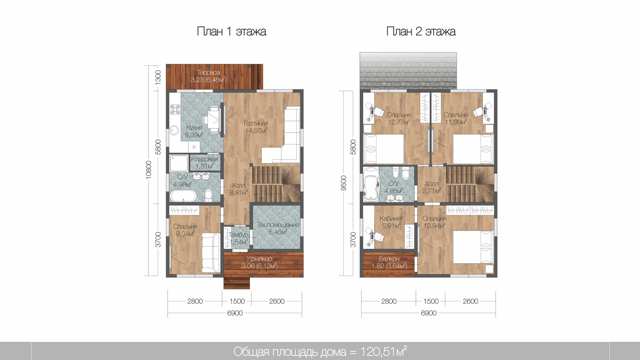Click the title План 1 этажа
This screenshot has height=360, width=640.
point(232,32)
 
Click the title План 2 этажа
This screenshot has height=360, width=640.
point(421,32)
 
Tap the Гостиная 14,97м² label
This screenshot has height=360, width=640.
point(256,127)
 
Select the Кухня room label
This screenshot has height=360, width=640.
point(194,128)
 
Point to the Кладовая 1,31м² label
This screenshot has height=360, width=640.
point(204,163)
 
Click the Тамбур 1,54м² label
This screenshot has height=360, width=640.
point(239,238)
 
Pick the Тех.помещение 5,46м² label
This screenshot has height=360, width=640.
point(277,228)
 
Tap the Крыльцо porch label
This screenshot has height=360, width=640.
point(260,259)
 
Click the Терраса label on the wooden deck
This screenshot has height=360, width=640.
point(208,72)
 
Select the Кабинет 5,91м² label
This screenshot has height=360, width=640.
point(391,222)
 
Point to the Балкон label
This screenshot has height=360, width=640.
point(389,259)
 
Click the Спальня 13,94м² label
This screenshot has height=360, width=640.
point(434,222)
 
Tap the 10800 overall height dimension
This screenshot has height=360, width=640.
point(148,170)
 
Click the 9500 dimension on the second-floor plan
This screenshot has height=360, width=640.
point(344,183)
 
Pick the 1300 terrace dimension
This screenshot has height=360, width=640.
point(158,77)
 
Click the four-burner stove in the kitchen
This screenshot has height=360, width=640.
point(175,110)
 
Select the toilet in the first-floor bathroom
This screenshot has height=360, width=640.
point(208,195)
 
